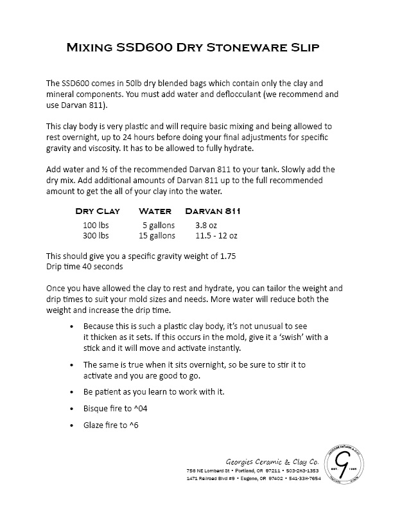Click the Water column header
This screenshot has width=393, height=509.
tap(155, 211)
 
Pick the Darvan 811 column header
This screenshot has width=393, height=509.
tap(213, 211)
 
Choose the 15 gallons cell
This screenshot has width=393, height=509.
tap(157, 235)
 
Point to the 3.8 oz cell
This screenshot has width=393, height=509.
tap(207, 225)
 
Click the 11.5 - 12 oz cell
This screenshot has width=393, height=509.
tap(216, 235)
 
